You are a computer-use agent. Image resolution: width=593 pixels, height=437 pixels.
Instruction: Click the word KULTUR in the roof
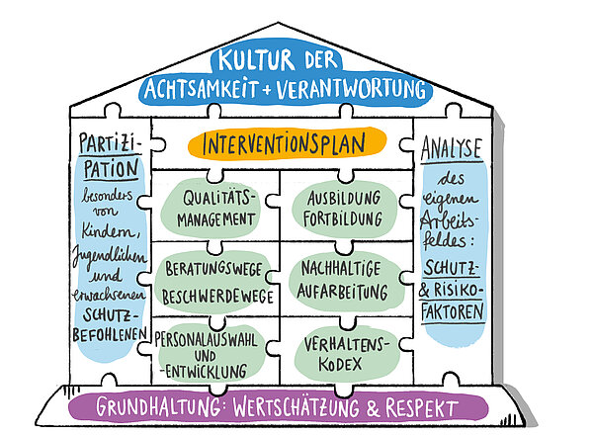tap(256, 59)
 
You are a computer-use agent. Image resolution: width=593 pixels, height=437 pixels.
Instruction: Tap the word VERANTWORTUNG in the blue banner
tap(351, 89)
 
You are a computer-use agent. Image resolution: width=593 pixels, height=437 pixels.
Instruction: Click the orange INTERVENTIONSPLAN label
tap(287, 143)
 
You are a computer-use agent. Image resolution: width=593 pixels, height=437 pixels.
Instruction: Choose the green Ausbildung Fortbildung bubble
tap(343, 209)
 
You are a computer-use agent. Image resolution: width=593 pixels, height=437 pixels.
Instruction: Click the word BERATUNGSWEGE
tap(213, 269)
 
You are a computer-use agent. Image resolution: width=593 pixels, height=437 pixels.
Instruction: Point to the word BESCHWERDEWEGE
tap(217, 297)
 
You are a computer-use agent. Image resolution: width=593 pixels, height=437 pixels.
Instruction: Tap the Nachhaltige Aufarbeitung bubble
tap(345, 281)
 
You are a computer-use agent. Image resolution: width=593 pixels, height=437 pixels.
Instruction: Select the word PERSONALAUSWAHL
tap(207, 339)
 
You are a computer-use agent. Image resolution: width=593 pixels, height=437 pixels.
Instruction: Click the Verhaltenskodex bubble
tap(347, 355)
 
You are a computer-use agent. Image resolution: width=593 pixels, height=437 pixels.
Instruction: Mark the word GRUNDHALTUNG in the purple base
tap(158, 407)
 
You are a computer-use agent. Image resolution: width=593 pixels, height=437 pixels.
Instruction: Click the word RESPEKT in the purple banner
tap(421, 408)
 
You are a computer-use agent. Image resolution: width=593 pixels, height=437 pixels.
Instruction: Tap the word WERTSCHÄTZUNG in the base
tap(296, 407)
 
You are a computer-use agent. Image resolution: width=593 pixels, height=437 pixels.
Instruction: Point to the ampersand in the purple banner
tap(373, 408)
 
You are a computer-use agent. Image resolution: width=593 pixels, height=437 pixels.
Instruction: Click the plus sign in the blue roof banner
tap(267, 90)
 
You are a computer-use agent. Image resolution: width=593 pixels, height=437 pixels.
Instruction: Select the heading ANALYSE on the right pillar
tap(452, 148)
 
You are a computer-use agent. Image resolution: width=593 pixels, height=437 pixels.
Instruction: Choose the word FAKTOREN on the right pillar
tap(453, 311)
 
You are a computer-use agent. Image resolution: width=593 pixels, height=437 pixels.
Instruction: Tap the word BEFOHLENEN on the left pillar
tap(110, 334)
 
